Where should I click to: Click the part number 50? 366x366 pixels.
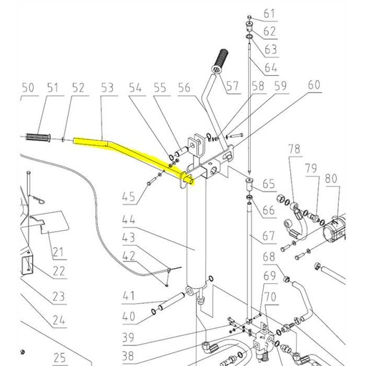[27, 88]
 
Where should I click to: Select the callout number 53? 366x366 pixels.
[108, 88]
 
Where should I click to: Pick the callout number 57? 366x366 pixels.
[232, 87]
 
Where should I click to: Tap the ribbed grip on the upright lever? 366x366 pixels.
[219, 57]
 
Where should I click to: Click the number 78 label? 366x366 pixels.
[294, 148]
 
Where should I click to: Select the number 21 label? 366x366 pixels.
[57, 252]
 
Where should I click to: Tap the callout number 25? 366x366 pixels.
[58, 357]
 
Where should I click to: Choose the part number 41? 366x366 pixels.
[128, 295]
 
